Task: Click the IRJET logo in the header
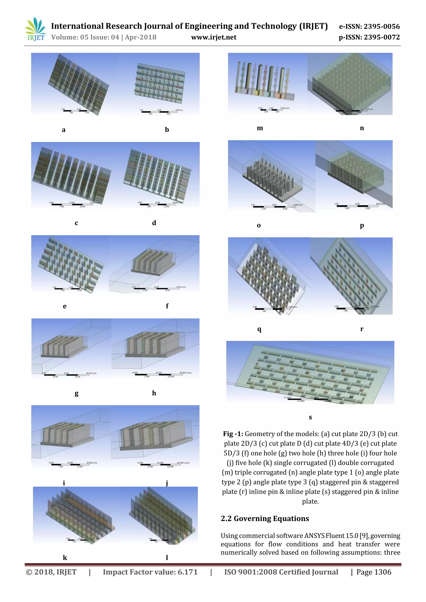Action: click(x=35, y=29)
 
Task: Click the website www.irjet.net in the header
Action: click(x=214, y=37)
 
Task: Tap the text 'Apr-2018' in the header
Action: click(x=141, y=37)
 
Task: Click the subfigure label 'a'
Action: click(x=63, y=130)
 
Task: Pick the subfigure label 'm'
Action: click(x=260, y=128)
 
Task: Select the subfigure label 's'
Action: click(x=310, y=417)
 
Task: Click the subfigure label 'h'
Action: click(x=154, y=393)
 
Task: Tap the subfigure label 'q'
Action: click(x=259, y=329)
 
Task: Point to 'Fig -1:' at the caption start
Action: click(x=233, y=434)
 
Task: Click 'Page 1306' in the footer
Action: click(x=374, y=572)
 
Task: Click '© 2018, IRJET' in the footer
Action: click(x=51, y=572)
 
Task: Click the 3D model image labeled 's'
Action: click(x=310, y=372)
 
